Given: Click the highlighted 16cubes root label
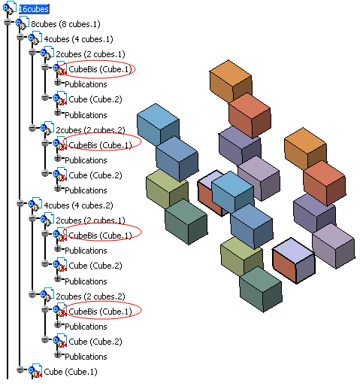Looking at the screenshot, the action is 34,9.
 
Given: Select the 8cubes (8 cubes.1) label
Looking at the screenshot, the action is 65,24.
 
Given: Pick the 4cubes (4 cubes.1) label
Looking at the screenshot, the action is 78,39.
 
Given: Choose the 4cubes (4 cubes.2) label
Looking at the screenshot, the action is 78,205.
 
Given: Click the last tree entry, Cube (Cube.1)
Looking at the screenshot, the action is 71,372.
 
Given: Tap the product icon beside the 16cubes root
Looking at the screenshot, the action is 10,8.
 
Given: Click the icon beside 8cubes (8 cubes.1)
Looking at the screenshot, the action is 22,23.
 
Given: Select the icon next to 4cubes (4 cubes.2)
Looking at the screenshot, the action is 35,204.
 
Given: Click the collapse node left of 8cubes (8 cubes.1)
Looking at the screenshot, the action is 8,22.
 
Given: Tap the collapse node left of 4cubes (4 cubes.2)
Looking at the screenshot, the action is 20,203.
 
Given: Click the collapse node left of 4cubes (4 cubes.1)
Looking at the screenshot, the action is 20,37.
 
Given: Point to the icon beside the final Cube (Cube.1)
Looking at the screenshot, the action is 35,370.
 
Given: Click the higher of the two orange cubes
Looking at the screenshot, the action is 231,80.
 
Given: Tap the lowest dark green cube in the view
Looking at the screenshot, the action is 261,289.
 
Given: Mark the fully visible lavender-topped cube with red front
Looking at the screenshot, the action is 293,261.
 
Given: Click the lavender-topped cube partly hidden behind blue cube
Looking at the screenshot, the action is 210,192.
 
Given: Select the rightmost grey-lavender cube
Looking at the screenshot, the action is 334,246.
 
